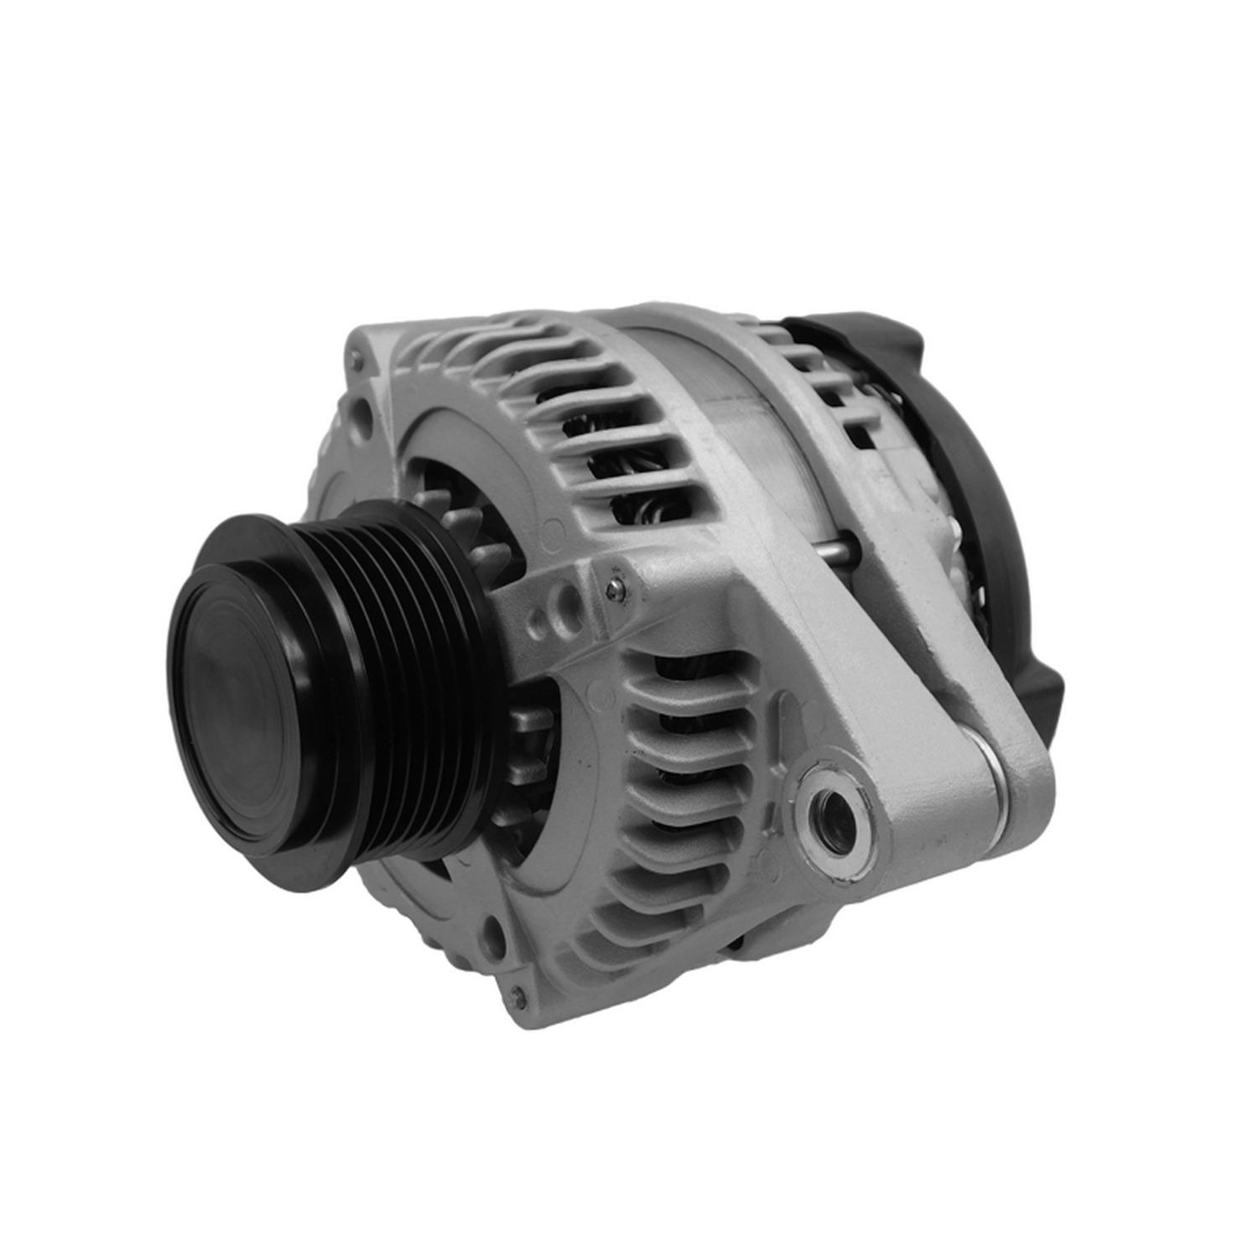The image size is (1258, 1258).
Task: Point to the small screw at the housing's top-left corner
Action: tap(359, 361)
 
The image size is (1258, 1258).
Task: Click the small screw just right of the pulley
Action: tap(616, 589)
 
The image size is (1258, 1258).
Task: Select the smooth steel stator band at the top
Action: tap(738, 403)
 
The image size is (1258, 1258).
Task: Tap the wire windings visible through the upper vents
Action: tap(637, 470)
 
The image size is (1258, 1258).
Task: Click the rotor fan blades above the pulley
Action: tap(457, 512)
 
